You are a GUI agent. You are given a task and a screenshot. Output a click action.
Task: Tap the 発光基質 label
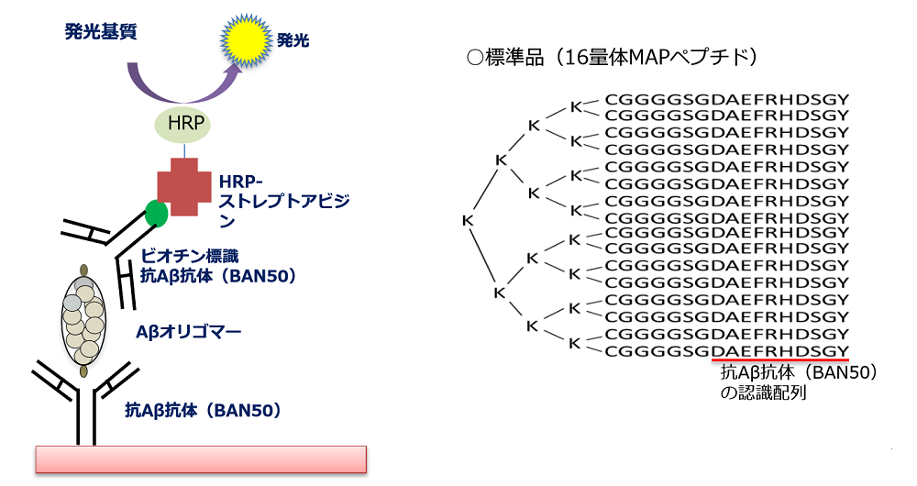(x=101, y=32)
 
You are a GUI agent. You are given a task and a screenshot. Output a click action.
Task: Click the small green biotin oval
(x=157, y=213)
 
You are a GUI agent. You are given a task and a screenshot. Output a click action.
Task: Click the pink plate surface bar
(x=201, y=458)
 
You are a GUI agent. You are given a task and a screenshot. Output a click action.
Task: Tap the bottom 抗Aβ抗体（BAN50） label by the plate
(x=202, y=410)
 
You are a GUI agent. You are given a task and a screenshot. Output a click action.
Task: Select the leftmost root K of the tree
(x=467, y=220)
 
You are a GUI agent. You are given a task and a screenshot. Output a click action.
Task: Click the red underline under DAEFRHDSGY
(x=779, y=360)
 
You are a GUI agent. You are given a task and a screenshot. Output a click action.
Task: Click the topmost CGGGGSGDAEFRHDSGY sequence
(x=726, y=99)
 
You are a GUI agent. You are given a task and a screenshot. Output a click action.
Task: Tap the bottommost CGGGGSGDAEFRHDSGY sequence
(x=726, y=350)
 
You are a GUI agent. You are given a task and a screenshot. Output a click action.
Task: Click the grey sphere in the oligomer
(x=72, y=302)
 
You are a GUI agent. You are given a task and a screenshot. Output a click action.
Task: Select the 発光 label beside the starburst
(x=293, y=41)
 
